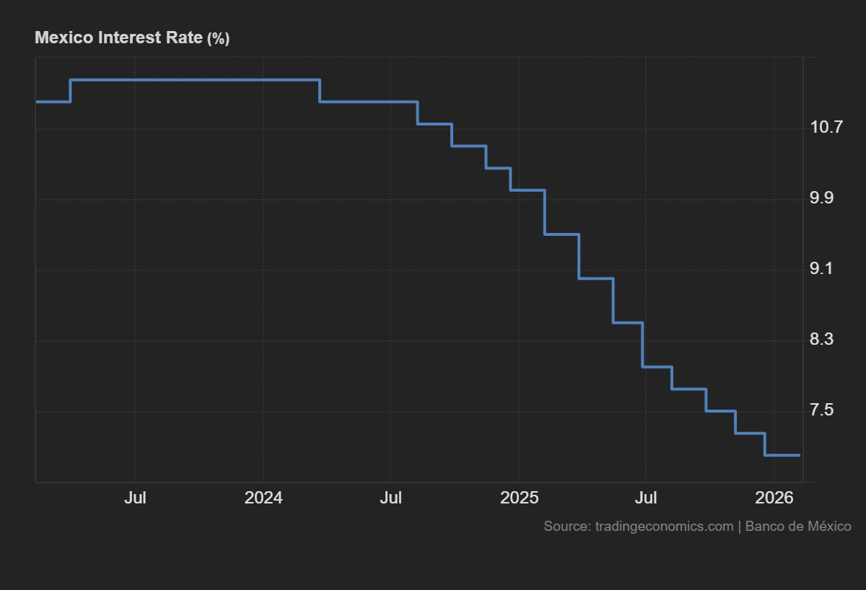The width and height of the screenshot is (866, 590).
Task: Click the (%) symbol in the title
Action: tap(218, 38)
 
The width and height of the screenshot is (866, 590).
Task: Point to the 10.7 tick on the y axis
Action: tap(826, 128)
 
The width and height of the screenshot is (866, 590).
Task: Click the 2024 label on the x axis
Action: tap(263, 498)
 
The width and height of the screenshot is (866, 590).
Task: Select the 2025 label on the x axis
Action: tap(519, 498)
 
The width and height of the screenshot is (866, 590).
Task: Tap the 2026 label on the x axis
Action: tap(774, 498)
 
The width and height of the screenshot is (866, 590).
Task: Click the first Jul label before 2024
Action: tap(135, 498)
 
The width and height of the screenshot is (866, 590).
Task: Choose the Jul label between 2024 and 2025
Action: tap(390, 498)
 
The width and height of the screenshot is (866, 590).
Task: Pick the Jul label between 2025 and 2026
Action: tap(645, 498)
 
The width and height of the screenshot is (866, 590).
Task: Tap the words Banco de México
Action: tap(798, 527)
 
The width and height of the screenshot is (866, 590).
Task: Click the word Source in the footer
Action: tap(567, 527)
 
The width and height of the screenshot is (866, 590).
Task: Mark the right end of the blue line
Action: tap(800, 455)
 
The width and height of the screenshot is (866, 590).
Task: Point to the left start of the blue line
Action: tap(37, 102)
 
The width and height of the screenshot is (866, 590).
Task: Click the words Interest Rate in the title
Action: tap(150, 38)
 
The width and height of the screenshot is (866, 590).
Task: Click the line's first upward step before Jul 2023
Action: tap(70, 90)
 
